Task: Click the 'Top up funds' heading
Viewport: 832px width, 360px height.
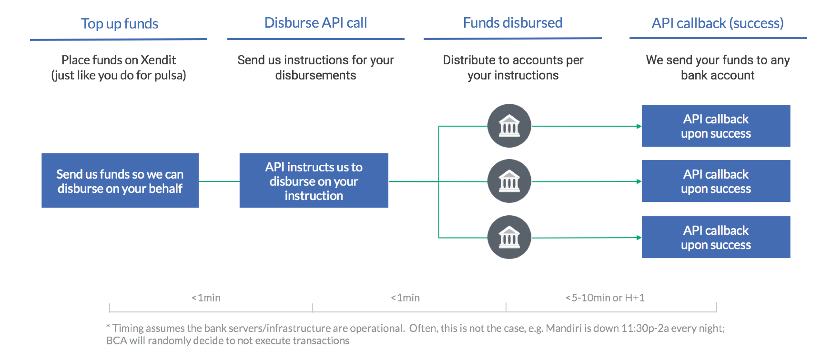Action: click(x=120, y=24)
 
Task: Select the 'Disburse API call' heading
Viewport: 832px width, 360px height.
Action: click(x=315, y=23)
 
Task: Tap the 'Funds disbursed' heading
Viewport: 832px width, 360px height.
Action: click(x=513, y=23)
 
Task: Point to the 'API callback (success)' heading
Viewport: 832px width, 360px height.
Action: click(x=718, y=23)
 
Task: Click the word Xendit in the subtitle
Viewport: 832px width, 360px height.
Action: click(x=158, y=60)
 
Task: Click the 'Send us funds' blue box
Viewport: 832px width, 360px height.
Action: click(x=120, y=180)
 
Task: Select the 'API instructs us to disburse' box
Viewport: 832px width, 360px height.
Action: click(x=314, y=180)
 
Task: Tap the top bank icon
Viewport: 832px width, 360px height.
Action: click(x=509, y=126)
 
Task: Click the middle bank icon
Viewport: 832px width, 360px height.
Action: click(x=509, y=181)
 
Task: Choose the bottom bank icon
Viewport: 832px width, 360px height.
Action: click(x=509, y=237)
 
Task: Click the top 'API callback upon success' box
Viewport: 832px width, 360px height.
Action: click(x=716, y=126)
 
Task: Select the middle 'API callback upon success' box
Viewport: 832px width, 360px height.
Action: click(x=716, y=181)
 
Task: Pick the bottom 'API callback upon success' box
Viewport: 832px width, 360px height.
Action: click(x=716, y=237)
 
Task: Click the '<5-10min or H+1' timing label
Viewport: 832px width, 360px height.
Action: click(x=605, y=298)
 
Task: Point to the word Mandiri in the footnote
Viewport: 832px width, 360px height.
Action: click(x=564, y=328)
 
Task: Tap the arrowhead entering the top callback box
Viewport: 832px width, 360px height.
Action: click(x=639, y=126)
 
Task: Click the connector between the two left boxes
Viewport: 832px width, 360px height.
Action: click(x=219, y=181)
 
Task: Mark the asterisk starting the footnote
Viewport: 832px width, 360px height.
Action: click(x=108, y=326)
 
